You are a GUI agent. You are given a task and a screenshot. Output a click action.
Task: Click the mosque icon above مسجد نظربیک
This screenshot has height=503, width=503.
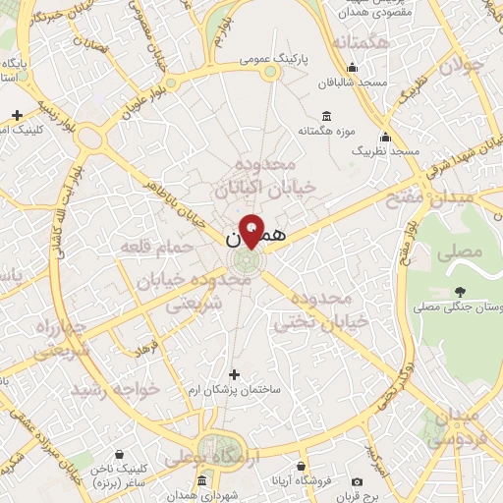385,137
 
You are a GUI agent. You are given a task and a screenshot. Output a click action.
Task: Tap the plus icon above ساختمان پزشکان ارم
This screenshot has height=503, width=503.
233,373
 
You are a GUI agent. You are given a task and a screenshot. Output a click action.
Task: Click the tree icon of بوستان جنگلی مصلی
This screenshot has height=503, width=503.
460,291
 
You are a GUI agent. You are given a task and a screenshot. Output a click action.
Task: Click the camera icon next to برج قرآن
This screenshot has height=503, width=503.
357,482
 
